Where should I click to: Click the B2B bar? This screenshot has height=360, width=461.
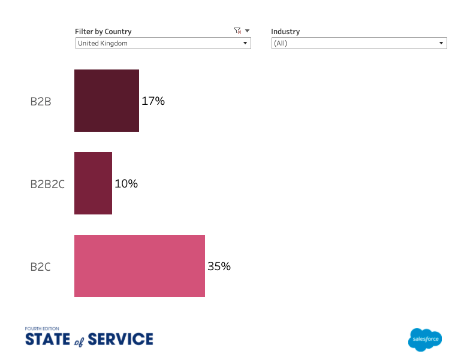pos(107,101)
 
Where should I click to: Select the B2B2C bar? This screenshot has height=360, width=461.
pos(93,183)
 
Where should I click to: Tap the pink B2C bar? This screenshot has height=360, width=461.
pos(140,266)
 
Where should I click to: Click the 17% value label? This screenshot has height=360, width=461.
pos(153,101)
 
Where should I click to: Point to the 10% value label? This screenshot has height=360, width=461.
pos(126,184)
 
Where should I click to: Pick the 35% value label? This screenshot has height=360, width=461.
pos(219,267)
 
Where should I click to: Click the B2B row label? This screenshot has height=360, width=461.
pos(41,101)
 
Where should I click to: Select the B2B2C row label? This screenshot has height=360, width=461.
pos(47,184)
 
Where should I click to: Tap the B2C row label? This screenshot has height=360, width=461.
pos(40,267)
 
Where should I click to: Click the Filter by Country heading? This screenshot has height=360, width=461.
pos(103,31)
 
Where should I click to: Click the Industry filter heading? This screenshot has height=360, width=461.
pos(285,31)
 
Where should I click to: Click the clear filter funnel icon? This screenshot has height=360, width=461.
pos(237,31)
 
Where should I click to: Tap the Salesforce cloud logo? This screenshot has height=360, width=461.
pos(425,340)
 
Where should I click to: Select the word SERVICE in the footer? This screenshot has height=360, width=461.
pos(120,340)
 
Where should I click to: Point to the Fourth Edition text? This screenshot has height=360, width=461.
pos(42,328)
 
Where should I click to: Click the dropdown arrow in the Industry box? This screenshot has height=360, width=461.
pos(441,43)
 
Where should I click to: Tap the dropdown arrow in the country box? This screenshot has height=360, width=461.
pos(245,43)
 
